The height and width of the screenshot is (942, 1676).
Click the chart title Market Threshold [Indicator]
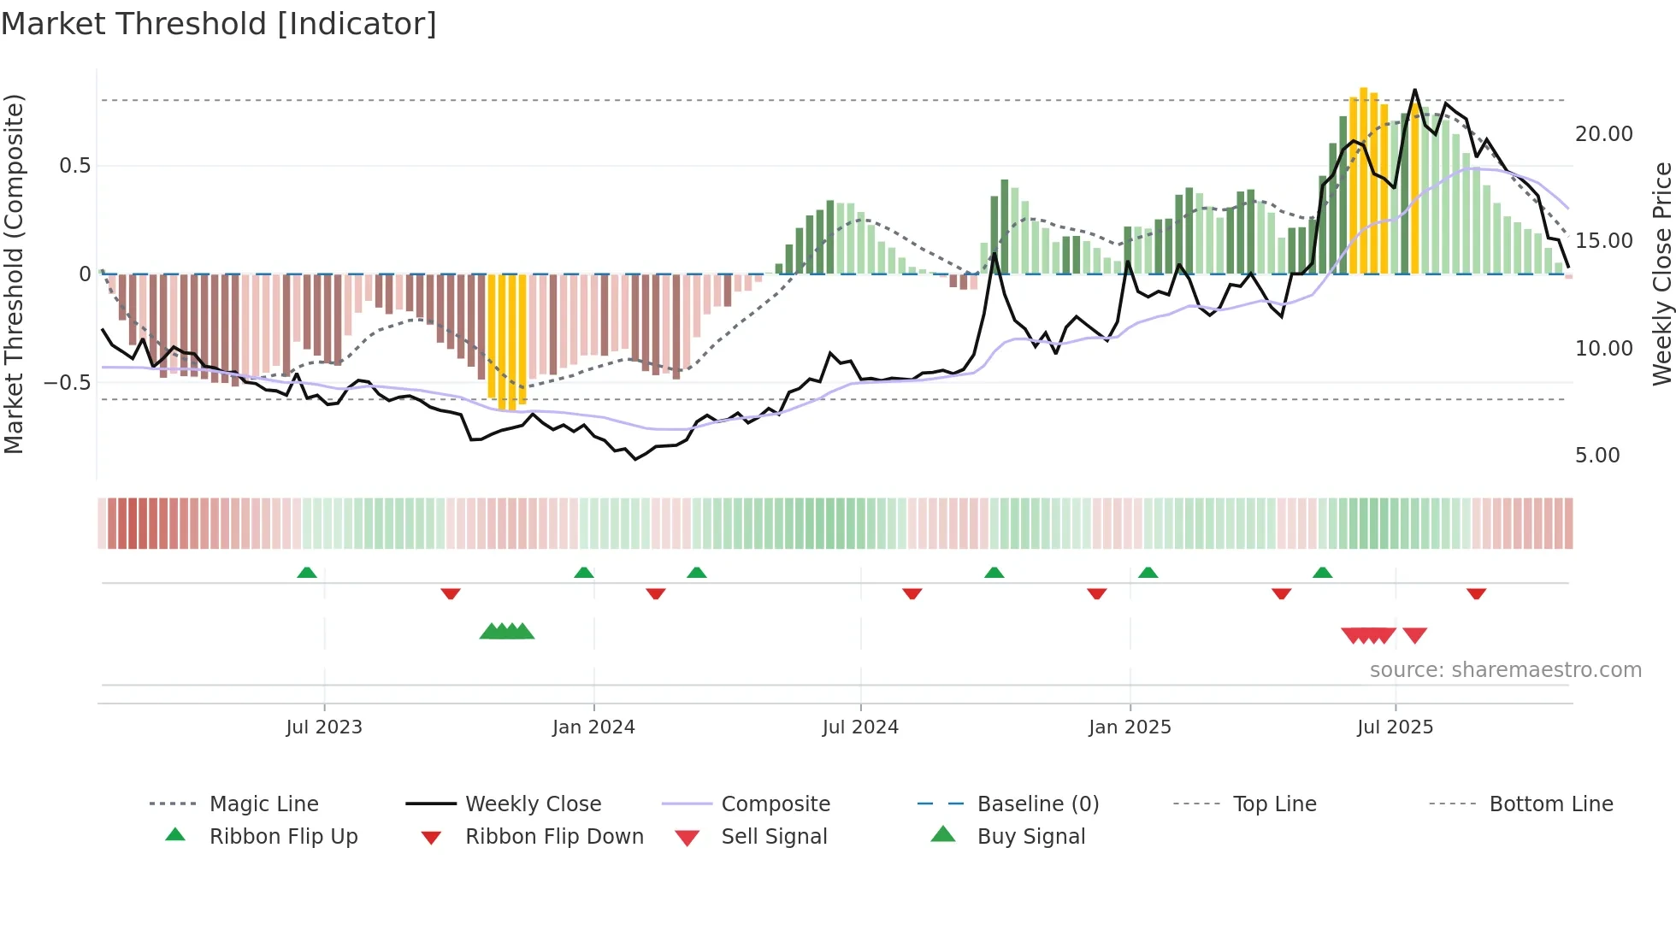coord(219,24)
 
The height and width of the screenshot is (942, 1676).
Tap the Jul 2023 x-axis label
coord(324,727)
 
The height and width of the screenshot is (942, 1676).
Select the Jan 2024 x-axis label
coord(593,727)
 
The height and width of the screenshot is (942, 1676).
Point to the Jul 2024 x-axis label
coord(860,727)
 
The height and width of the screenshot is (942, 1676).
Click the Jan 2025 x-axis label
coord(1130,727)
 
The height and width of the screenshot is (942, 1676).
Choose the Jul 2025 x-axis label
coord(1395,727)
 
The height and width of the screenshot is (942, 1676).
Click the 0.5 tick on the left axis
coord(75,166)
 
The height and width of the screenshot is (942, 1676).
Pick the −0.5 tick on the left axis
coord(68,382)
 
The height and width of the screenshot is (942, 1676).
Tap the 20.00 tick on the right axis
coord(1603,134)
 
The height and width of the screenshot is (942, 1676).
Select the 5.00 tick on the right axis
coord(1597,456)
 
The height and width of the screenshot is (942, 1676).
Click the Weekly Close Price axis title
coord(1661,274)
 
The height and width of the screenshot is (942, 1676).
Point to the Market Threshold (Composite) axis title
coord(14,274)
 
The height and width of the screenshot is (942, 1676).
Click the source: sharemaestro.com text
coord(1505,670)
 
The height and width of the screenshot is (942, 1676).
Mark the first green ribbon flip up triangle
coord(307,573)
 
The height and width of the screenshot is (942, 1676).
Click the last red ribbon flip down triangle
coord(1476,593)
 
